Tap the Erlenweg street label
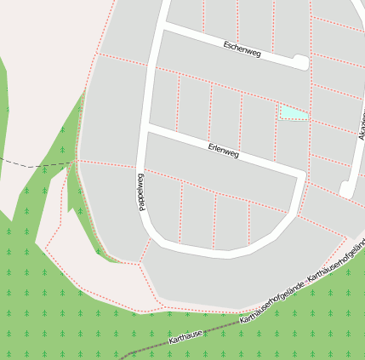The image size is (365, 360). point(224,151)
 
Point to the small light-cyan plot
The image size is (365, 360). point(293,112)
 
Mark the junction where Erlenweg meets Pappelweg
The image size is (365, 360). point(150,129)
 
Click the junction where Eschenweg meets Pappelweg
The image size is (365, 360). point(159,29)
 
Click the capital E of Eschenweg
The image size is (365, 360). point(225,43)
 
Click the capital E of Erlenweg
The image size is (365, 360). point(210,147)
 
